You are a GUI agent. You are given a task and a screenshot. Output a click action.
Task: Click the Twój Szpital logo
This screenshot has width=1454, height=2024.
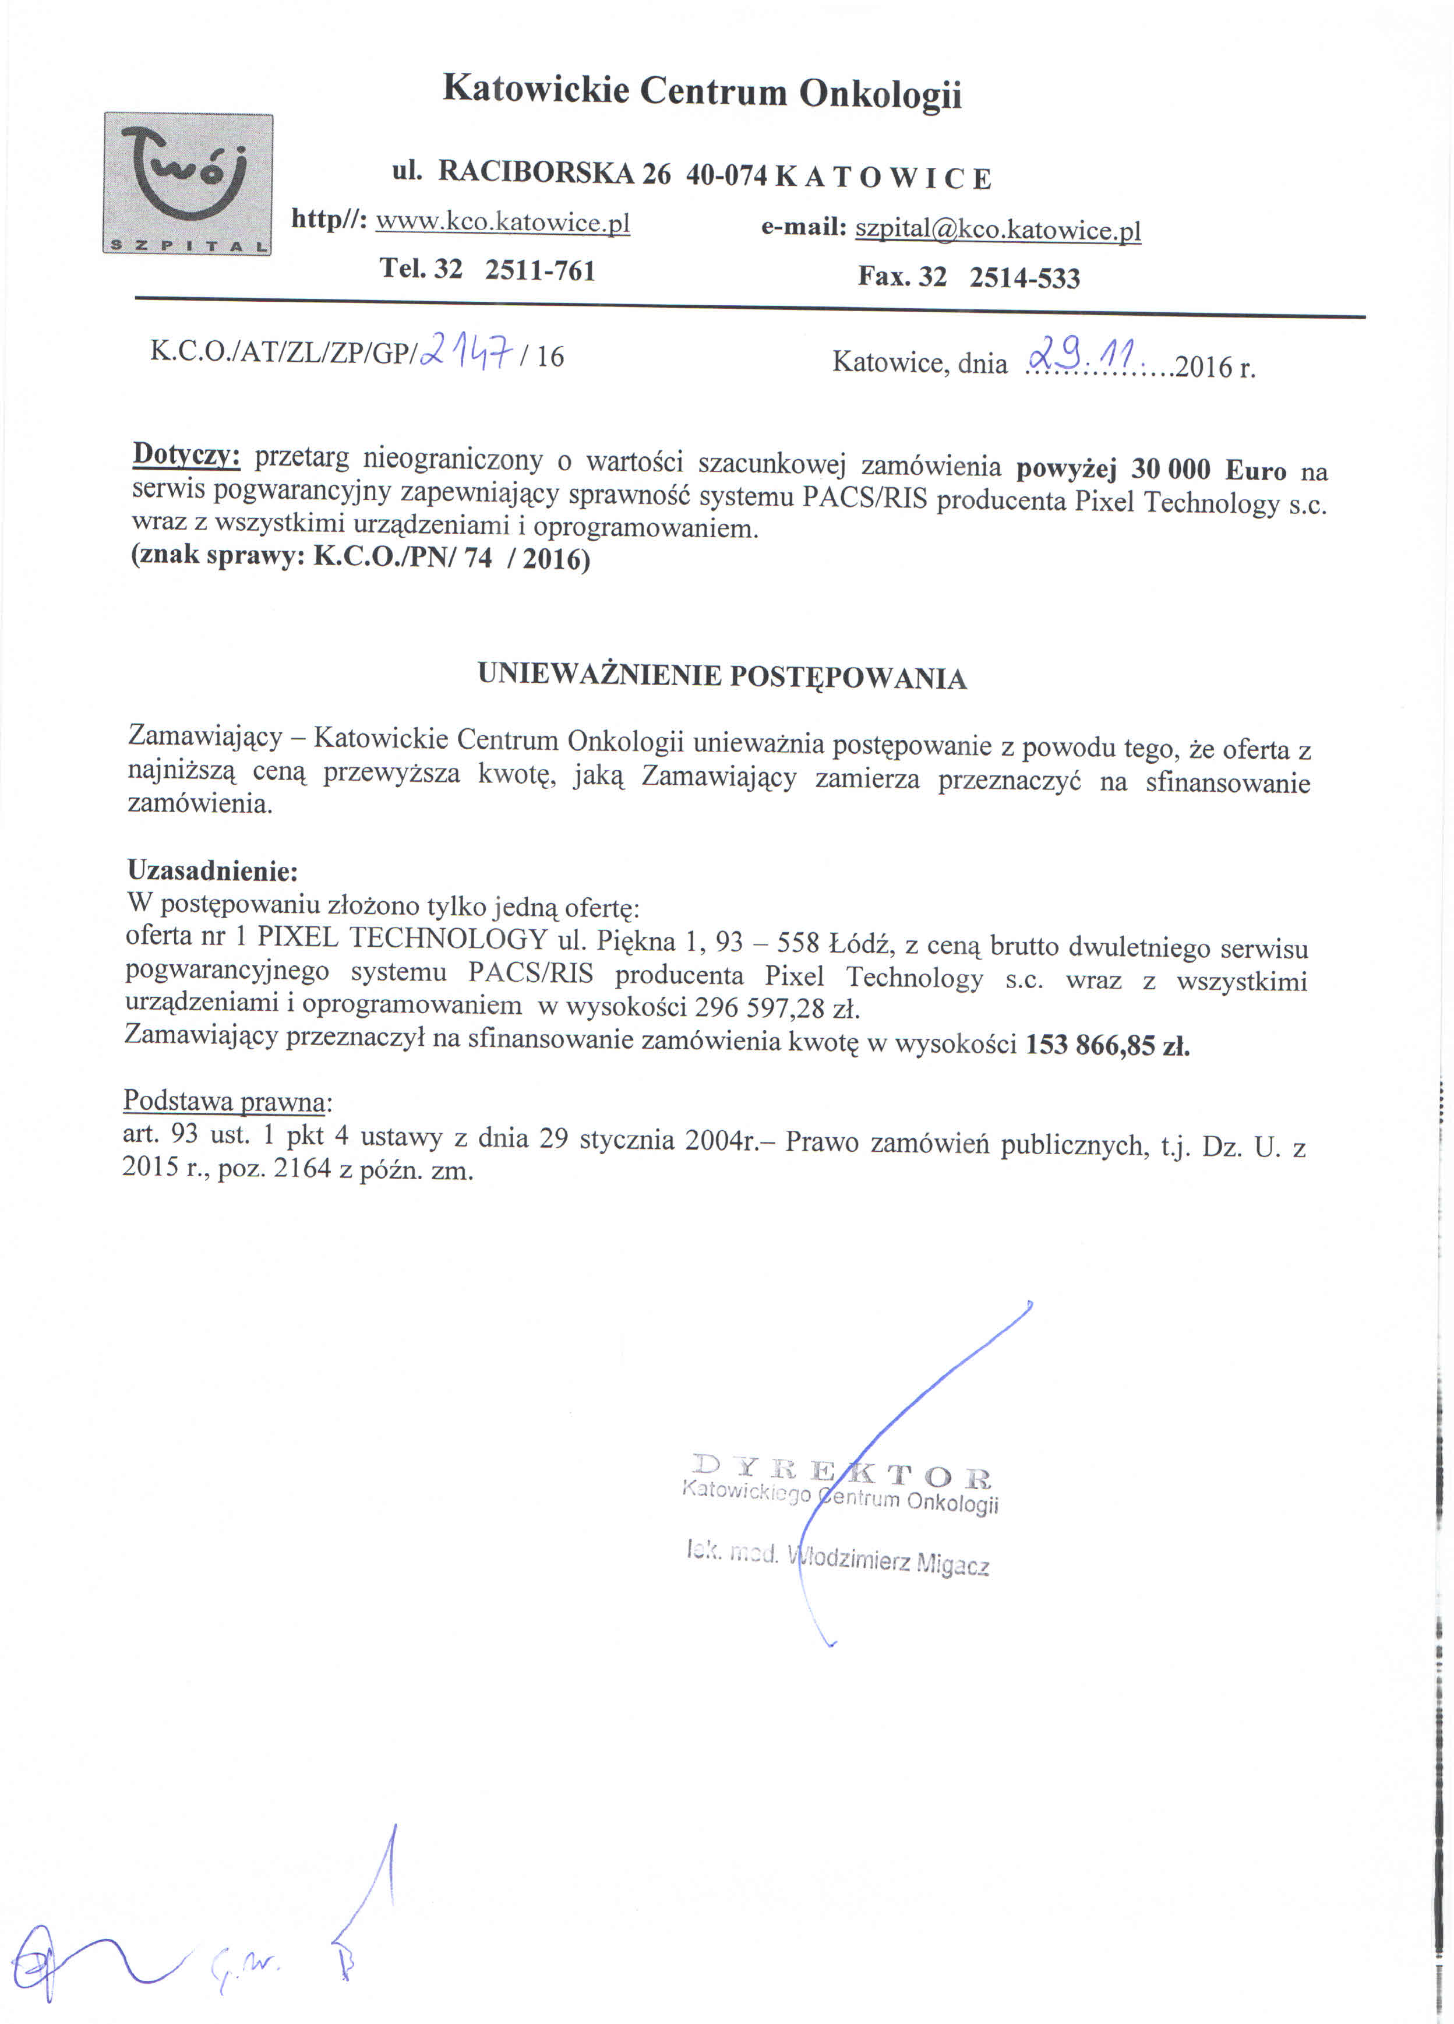pos(188,184)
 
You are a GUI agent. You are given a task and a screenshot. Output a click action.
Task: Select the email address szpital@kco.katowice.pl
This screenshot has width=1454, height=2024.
pos(997,230)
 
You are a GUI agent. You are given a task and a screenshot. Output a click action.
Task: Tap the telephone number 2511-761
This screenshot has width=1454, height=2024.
pos(539,270)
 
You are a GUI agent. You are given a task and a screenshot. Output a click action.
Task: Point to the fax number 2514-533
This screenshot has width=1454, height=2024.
pos(1024,277)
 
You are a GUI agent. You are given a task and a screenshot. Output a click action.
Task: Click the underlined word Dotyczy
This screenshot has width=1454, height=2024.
pos(186,455)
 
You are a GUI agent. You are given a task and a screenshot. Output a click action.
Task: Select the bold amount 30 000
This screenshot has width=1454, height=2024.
pos(1170,470)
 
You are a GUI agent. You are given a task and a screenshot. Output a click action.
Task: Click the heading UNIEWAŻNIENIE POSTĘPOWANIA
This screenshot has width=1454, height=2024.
pos(722,676)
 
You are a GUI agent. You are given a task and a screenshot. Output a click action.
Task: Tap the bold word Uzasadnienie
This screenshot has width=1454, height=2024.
pos(211,869)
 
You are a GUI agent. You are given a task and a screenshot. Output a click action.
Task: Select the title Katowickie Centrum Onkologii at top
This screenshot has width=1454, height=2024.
pos(702,92)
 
